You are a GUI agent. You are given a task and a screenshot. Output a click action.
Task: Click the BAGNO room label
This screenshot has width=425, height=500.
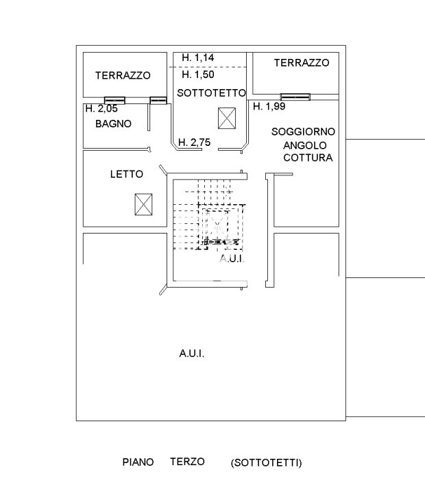click(x=113, y=124)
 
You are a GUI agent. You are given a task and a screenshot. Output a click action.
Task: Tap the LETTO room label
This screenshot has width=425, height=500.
click(x=127, y=174)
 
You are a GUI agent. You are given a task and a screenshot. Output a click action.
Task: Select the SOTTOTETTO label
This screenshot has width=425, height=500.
click(x=212, y=92)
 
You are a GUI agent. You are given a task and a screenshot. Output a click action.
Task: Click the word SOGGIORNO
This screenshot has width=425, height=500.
click(x=303, y=132)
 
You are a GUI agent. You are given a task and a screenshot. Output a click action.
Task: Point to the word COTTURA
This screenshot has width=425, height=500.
click(x=308, y=158)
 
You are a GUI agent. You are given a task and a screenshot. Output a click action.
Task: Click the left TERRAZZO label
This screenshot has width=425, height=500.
click(x=123, y=75)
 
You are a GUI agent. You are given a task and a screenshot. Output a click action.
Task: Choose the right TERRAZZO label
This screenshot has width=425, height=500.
click(x=302, y=62)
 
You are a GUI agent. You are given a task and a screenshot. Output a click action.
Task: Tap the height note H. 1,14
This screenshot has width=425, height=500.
click(x=198, y=58)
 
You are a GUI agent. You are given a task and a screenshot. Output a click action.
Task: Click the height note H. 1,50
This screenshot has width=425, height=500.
click(x=198, y=75)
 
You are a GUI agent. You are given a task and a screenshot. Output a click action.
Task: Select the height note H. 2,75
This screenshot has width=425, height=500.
click(x=194, y=142)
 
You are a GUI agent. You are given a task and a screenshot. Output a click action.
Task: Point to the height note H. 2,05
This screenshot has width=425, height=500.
click(x=101, y=109)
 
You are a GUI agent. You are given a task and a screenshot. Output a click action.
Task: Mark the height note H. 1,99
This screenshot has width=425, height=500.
click(x=269, y=106)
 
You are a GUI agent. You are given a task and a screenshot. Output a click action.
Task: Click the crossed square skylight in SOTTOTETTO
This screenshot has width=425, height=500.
click(x=227, y=118)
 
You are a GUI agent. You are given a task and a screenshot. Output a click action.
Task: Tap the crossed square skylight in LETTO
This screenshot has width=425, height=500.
click(x=143, y=204)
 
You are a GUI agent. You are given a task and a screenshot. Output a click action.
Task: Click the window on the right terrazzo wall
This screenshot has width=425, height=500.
click(x=295, y=97)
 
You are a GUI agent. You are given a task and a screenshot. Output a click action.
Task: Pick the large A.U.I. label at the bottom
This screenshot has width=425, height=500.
click(x=192, y=353)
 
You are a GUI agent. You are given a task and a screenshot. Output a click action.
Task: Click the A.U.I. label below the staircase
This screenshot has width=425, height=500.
click(x=232, y=259)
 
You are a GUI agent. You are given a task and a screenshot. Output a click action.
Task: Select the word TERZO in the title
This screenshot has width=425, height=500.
click(x=187, y=462)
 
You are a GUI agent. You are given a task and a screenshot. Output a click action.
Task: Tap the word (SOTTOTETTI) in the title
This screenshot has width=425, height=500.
click(x=266, y=463)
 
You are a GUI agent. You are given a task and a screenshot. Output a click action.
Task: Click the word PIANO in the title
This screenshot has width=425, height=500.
click(x=138, y=462)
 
